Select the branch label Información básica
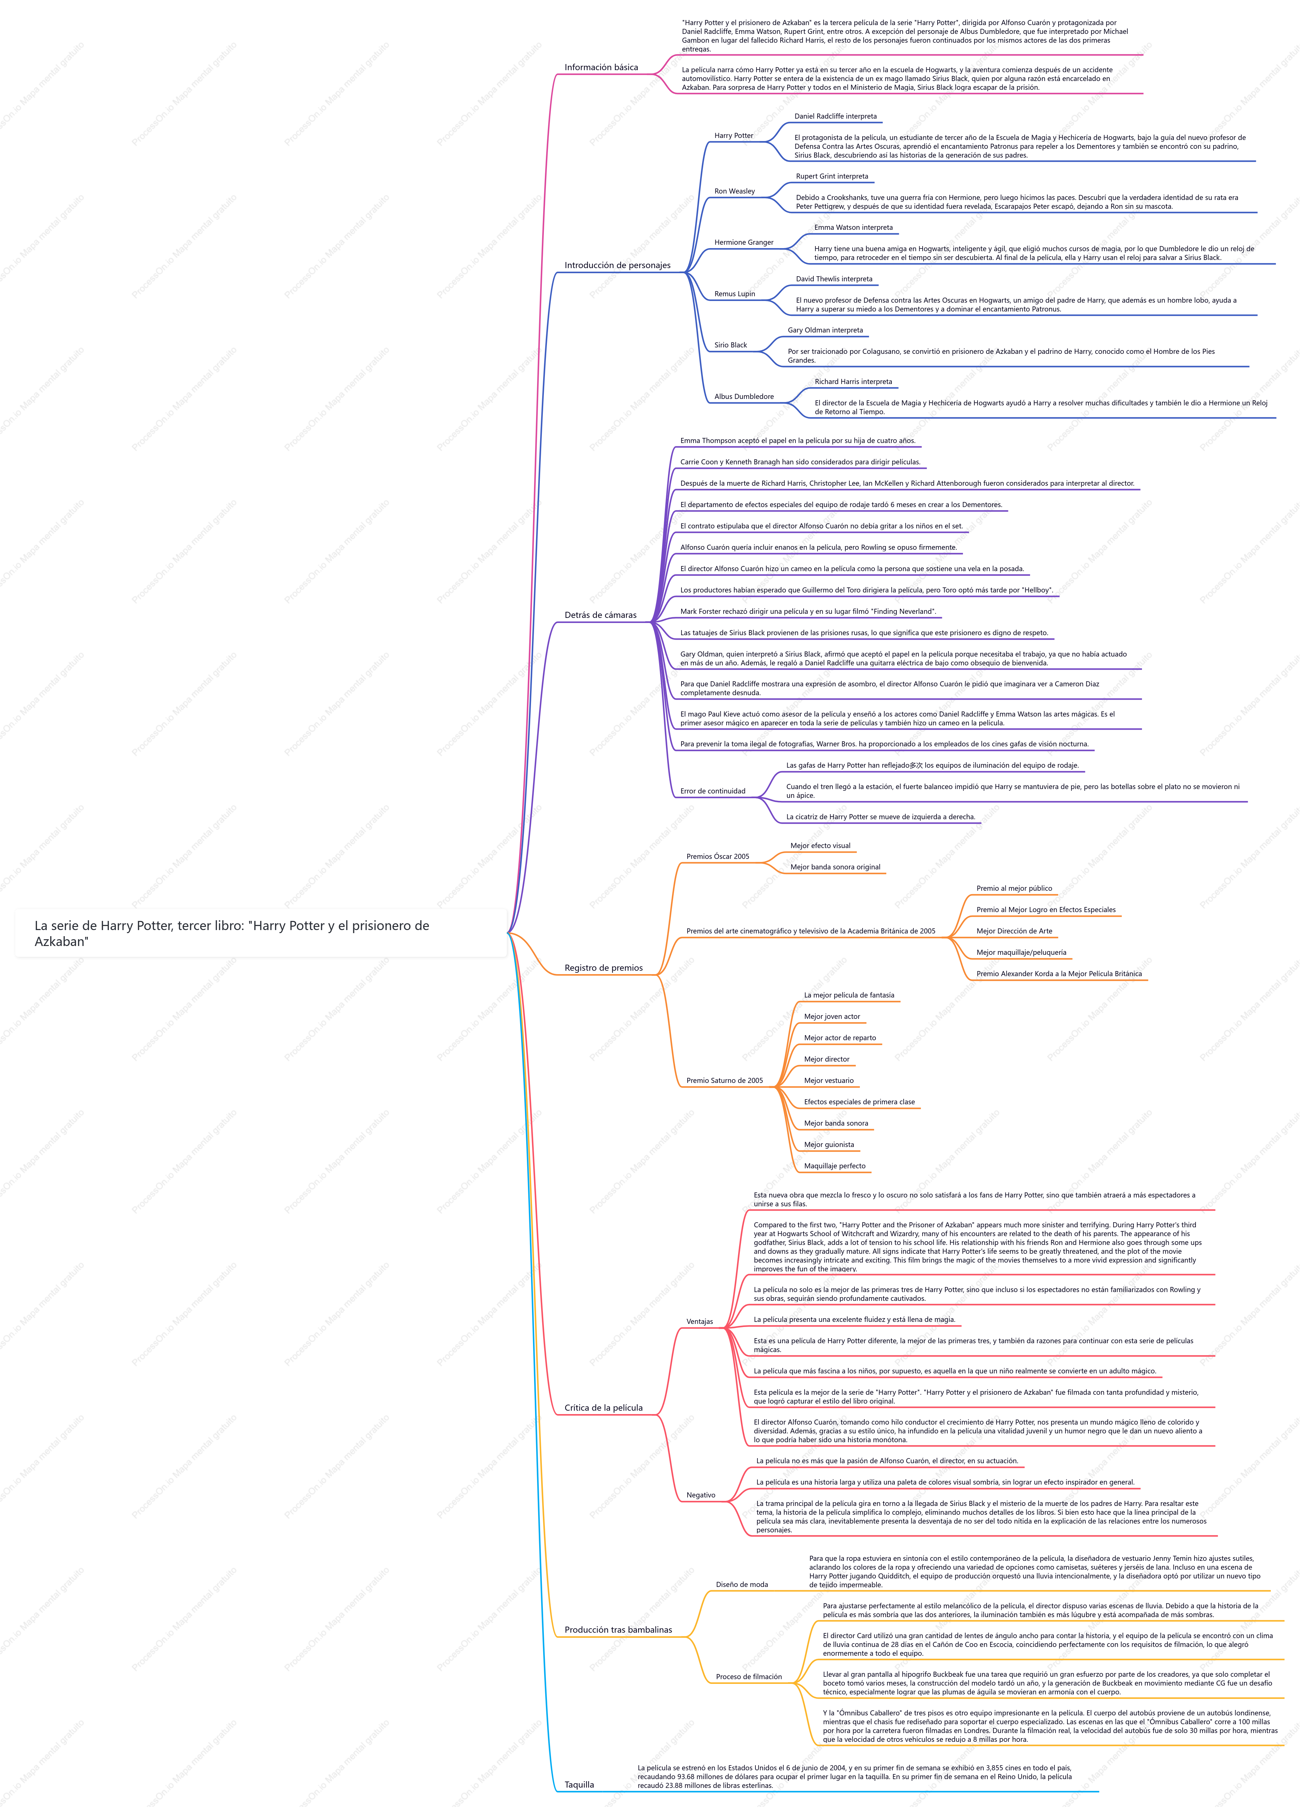(x=601, y=67)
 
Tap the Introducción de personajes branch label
(x=617, y=265)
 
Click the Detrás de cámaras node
(x=600, y=615)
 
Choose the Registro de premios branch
(x=603, y=967)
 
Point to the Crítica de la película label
(x=603, y=1408)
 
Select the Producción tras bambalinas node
(x=618, y=1630)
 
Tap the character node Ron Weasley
(x=734, y=191)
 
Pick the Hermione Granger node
(x=744, y=242)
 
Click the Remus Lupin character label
(x=734, y=294)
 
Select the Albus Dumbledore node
(x=744, y=396)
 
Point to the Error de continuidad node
(x=713, y=791)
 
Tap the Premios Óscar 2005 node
(x=717, y=857)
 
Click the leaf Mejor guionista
(x=829, y=1145)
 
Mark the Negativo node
(x=701, y=1495)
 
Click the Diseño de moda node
(x=742, y=1584)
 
